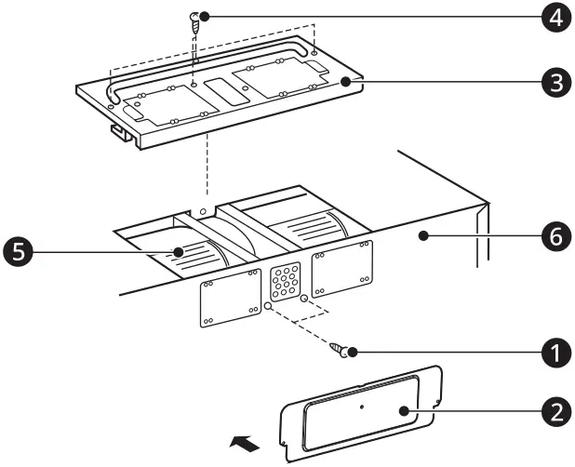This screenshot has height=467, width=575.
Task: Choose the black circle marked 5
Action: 19,251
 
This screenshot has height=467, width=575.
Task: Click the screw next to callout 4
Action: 196,22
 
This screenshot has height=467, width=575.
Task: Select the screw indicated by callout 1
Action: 339,349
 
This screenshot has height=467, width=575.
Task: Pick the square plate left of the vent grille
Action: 229,300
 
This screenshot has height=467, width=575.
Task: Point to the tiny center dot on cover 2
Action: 361,406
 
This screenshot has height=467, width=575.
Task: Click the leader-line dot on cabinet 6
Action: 423,237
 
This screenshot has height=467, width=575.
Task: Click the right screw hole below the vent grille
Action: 303,298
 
